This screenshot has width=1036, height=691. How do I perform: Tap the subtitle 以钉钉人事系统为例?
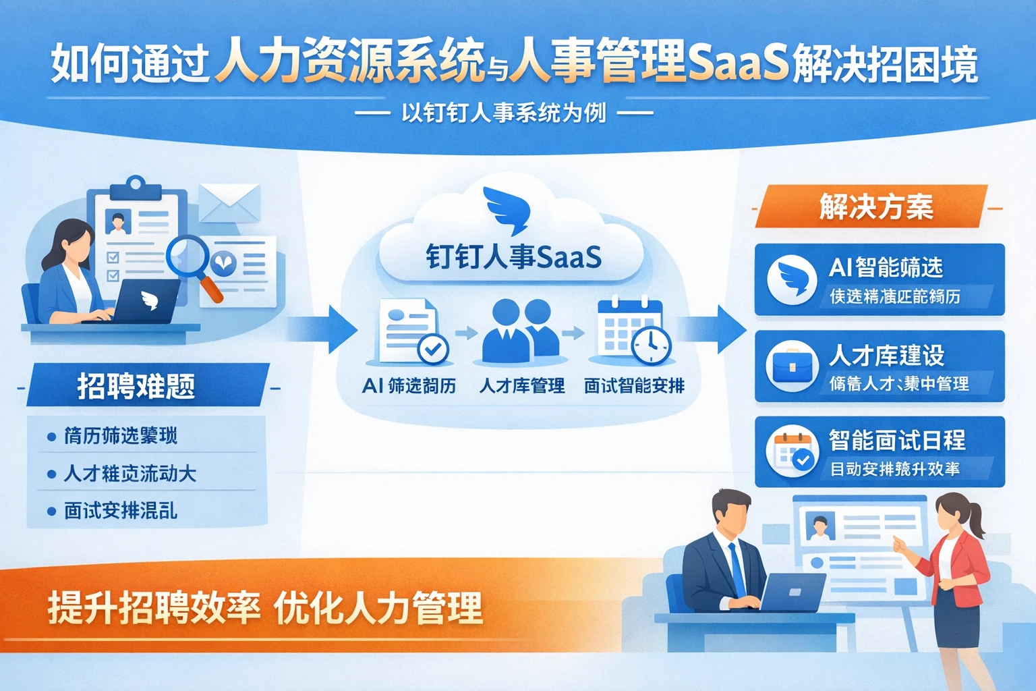[x=503, y=113]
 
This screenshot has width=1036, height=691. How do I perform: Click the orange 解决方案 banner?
[x=875, y=206]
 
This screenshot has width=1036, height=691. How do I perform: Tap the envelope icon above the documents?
[x=230, y=202]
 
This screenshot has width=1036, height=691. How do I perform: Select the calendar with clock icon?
[x=633, y=331]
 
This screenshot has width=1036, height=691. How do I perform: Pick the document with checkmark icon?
[x=411, y=332]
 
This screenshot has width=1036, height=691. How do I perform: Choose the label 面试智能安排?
[x=634, y=386]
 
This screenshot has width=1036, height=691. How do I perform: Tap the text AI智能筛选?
[x=886, y=268]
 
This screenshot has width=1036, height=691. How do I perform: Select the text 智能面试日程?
[x=897, y=441]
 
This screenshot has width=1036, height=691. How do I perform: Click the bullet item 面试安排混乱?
[x=120, y=511]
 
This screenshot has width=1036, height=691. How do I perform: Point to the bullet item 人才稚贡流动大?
[x=129, y=474]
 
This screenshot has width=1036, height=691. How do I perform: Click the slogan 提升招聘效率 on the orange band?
[x=154, y=607]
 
